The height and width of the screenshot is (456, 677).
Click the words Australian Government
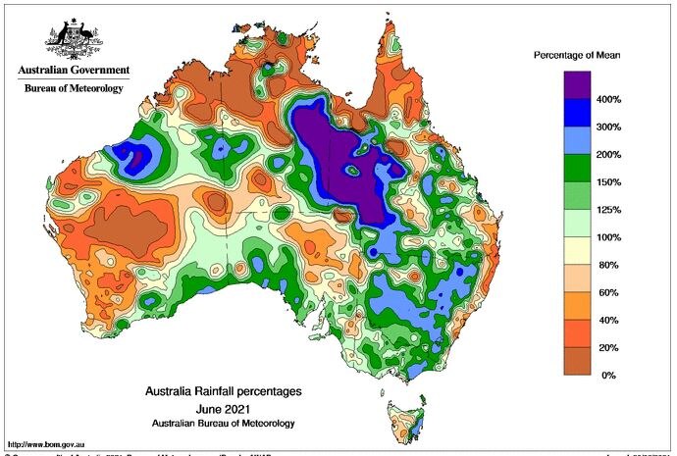point(73,71)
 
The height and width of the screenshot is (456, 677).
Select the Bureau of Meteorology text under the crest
point(74,89)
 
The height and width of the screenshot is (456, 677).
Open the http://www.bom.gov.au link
point(47,444)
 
